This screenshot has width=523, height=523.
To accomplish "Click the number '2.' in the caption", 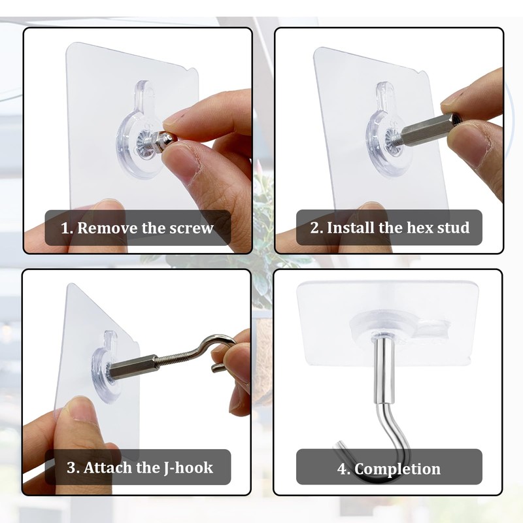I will (x=316, y=228).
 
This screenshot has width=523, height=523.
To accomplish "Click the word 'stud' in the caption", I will (x=454, y=228).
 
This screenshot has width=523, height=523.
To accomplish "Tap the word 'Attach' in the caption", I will (x=109, y=467).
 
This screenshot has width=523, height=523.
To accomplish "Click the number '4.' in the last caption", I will (x=344, y=469).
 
